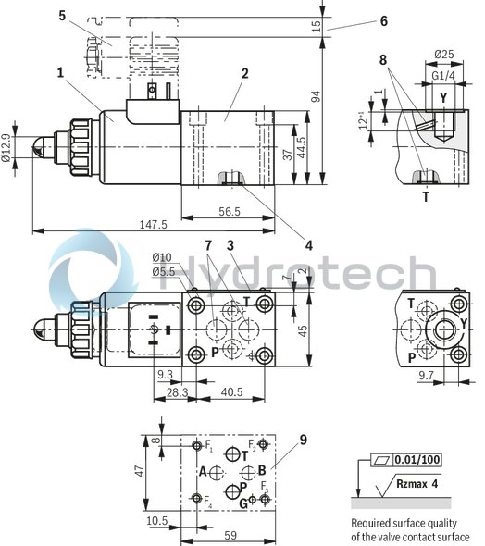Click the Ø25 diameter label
pos(444,55)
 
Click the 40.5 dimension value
pos(231,392)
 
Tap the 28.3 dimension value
pos(179,392)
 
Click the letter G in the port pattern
pos(242,503)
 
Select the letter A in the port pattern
pos(202,471)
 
